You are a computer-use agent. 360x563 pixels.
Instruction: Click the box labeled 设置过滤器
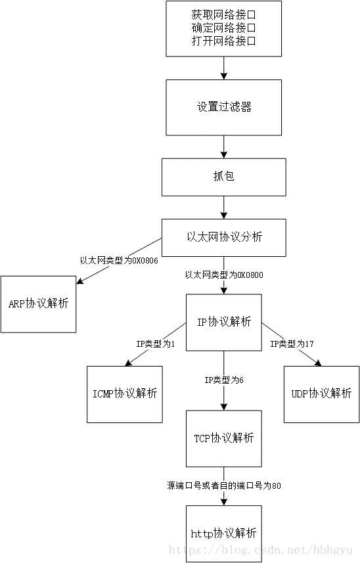tap(223, 107)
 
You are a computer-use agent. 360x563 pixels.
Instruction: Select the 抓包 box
tap(223, 177)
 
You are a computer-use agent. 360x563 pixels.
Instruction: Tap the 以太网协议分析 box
tap(223, 237)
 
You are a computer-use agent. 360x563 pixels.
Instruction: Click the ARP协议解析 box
tap(39, 304)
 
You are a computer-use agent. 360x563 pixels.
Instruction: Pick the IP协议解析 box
tap(223, 322)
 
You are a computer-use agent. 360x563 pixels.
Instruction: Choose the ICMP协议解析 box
tap(124, 394)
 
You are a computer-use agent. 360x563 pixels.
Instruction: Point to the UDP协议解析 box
tap(321, 394)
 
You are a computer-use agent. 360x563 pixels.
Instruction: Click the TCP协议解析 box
tap(223, 438)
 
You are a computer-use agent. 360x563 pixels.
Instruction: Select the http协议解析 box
tap(223, 533)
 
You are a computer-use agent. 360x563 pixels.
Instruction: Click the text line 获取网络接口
tap(223, 14)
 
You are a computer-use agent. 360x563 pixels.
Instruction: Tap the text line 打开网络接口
tap(223, 41)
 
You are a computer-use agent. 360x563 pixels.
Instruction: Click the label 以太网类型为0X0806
tap(119, 260)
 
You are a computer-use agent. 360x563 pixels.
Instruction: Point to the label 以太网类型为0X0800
tap(224, 275)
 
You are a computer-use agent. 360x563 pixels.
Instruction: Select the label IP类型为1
tap(155, 344)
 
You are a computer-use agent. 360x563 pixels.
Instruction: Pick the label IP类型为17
tap(292, 344)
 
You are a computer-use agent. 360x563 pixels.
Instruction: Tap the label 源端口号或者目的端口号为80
tap(224, 485)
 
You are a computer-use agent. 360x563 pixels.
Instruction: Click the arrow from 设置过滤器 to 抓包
tap(223, 146)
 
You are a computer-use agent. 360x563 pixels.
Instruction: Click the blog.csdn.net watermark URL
tap(263, 549)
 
